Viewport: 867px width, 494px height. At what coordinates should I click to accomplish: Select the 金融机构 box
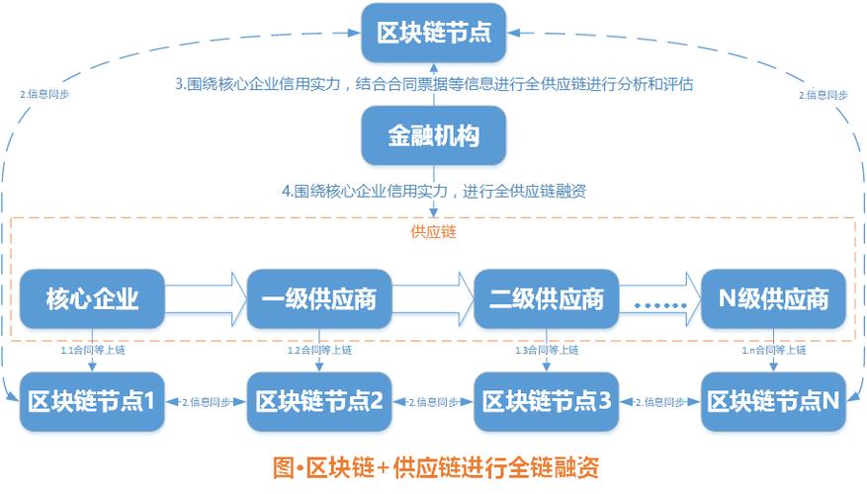(434, 135)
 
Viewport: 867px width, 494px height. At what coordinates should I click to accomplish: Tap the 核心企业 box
(91, 297)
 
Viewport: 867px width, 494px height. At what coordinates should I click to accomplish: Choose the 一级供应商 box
(319, 297)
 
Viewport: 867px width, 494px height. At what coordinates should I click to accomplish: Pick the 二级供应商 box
(547, 297)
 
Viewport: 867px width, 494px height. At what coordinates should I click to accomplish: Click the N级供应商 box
(774, 297)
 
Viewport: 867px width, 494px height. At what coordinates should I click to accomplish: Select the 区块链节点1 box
(91, 401)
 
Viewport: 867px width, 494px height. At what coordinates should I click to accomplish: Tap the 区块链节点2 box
(319, 401)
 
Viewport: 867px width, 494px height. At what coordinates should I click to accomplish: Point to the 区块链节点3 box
(547, 401)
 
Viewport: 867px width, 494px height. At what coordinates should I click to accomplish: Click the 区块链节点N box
(774, 401)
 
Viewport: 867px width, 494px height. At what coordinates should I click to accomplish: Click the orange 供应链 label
(433, 233)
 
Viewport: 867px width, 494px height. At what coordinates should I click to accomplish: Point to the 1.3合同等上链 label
(547, 350)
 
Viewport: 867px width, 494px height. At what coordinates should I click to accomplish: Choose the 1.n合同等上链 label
(774, 350)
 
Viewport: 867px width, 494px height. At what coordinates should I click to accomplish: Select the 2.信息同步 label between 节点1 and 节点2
(205, 402)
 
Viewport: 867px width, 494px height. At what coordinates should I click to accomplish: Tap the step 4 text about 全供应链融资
(434, 191)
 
